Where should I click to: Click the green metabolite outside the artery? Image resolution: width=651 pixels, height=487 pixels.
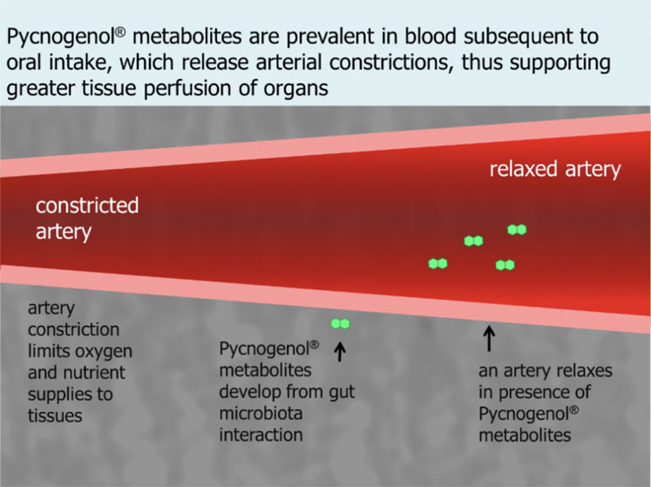tap(340, 324)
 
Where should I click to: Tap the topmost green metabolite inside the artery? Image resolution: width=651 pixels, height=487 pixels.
tap(517, 230)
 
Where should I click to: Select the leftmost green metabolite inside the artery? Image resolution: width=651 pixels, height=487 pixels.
tap(437, 263)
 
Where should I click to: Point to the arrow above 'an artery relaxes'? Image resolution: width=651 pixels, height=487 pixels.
tap(489, 337)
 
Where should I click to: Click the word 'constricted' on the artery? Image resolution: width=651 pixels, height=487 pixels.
tap(86, 206)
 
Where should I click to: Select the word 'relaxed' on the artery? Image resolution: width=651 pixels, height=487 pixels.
tap(520, 169)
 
